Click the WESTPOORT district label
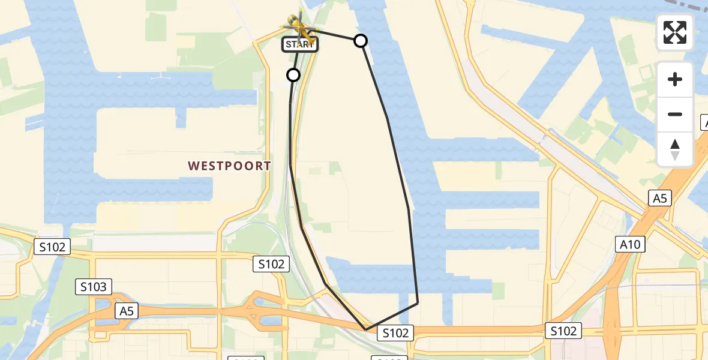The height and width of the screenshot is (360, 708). pyautogui.click(x=229, y=166)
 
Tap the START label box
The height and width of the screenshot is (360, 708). pyautogui.click(x=299, y=44)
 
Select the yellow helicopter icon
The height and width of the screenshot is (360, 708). pyautogui.click(x=299, y=27)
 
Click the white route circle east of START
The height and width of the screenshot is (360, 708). pyautogui.click(x=361, y=41)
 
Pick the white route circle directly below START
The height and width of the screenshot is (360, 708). pyautogui.click(x=293, y=75)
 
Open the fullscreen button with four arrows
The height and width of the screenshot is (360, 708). pyautogui.click(x=675, y=32)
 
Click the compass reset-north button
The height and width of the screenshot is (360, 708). pyautogui.click(x=675, y=149)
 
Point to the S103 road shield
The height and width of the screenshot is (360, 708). pyautogui.click(x=94, y=287)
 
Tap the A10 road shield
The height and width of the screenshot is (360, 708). pyautogui.click(x=630, y=244)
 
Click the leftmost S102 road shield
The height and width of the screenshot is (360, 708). pyautogui.click(x=52, y=247)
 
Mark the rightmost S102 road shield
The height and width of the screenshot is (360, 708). pyautogui.click(x=564, y=331)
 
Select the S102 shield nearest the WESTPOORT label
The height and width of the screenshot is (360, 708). pyautogui.click(x=271, y=263)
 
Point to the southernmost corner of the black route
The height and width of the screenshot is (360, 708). pyautogui.click(x=366, y=329)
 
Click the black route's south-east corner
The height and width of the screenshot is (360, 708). pyautogui.click(x=417, y=304)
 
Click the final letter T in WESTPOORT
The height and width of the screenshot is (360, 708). pyautogui.click(x=267, y=166)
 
